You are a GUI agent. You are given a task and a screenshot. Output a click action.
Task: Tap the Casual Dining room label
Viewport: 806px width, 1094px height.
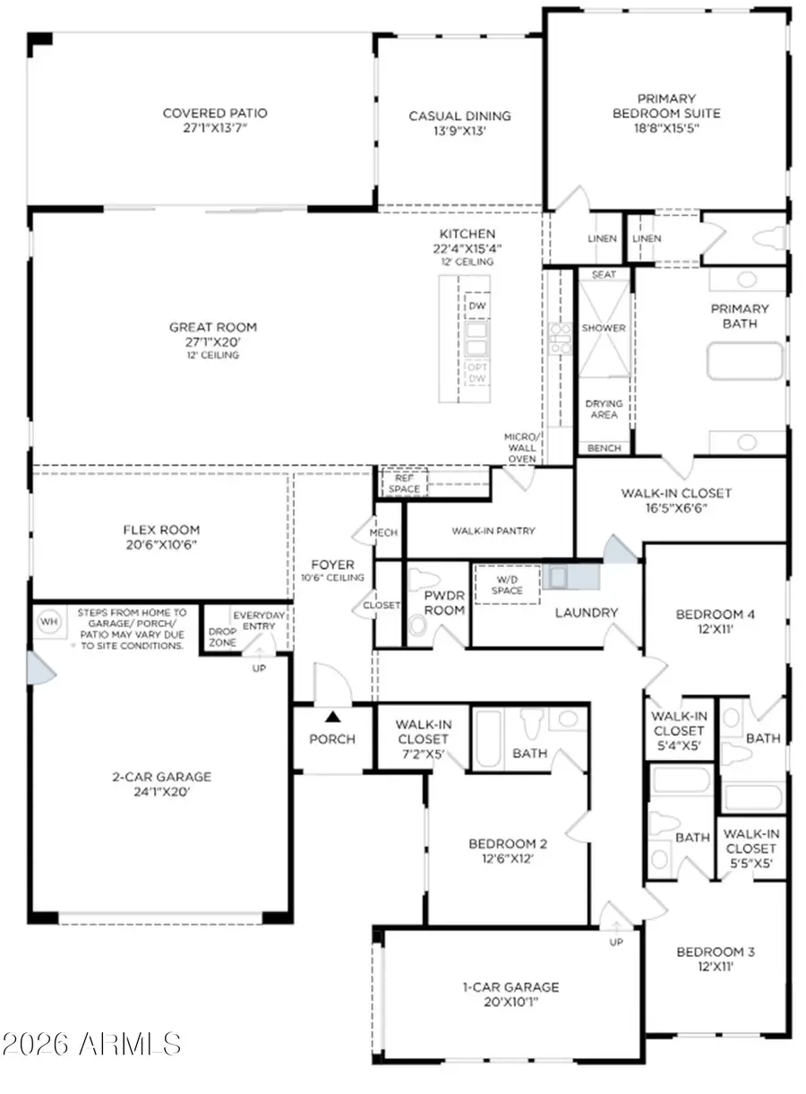click(x=459, y=116)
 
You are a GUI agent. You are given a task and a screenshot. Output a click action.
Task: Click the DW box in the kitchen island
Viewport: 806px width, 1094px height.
click(x=476, y=306)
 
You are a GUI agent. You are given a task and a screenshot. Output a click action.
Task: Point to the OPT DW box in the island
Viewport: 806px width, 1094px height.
click(x=476, y=374)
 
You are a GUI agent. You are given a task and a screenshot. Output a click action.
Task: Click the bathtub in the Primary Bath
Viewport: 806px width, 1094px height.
click(x=744, y=362)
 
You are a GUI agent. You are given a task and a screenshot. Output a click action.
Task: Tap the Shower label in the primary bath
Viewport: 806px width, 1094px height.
click(x=604, y=328)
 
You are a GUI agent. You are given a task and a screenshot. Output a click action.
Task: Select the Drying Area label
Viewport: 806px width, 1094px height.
click(x=604, y=409)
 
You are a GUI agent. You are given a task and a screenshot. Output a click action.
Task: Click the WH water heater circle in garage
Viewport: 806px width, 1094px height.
click(x=48, y=619)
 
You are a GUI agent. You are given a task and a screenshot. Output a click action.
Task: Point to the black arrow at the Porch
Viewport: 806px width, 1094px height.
click(x=332, y=716)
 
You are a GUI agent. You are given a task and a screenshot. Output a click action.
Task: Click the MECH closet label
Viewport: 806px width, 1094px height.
click(x=390, y=532)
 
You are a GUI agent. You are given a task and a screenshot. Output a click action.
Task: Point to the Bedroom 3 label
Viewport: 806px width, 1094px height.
click(x=715, y=952)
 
